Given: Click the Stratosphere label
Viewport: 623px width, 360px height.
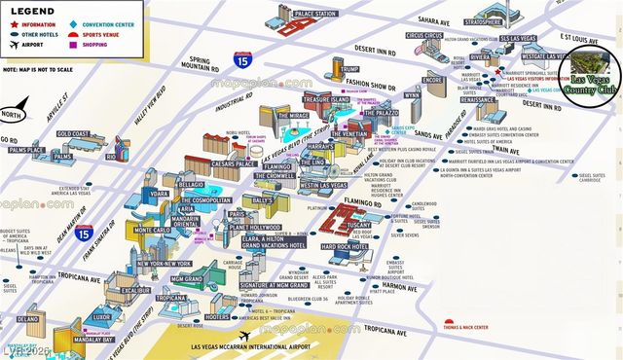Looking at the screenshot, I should point(482,20).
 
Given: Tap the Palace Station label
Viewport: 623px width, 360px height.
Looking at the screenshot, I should point(315,14).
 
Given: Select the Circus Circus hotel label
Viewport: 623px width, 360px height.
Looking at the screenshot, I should point(424,36).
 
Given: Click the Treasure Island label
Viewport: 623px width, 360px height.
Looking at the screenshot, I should point(326,100).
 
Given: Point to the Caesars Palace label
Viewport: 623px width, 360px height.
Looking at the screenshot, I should point(234,164).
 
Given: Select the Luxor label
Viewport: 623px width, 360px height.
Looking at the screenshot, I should point(103,318).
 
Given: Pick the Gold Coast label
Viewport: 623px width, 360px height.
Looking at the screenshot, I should point(72,134).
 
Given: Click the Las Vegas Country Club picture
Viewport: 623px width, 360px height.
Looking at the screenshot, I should point(597,70).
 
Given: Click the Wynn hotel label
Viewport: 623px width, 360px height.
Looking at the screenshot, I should point(413,95).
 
